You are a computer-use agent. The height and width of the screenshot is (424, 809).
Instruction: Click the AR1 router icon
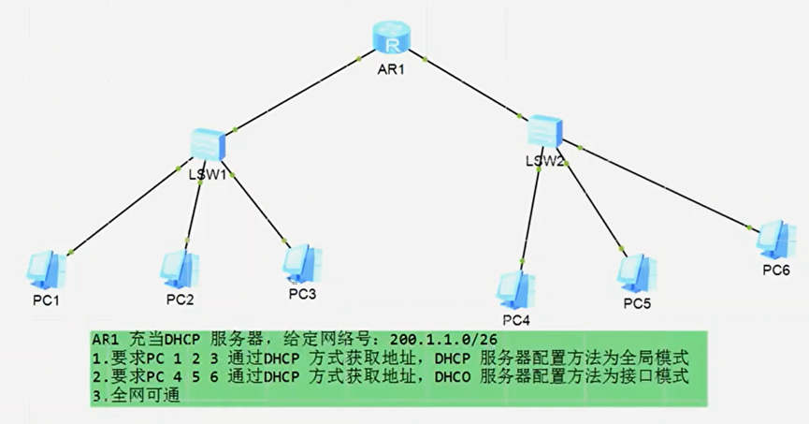point(394,38)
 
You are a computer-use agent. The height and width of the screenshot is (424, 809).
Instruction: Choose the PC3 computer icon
point(302,263)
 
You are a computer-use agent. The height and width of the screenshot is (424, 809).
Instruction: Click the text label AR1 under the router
point(390,71)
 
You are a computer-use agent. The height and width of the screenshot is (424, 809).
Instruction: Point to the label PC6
point(776,271)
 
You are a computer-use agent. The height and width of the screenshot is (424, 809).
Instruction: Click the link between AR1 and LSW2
point(472,87)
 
